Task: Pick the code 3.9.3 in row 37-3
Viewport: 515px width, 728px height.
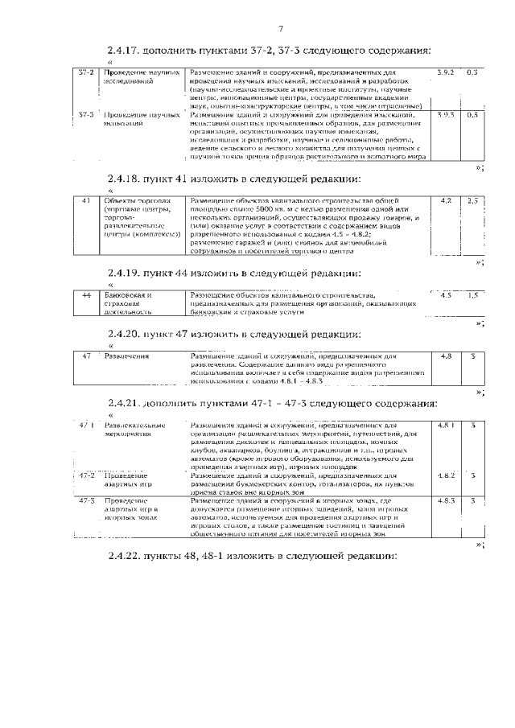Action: click(x=445, y=115)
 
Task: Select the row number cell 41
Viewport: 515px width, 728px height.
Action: click(x=86, y=199)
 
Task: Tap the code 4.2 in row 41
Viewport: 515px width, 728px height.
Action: click(x=446, y=199)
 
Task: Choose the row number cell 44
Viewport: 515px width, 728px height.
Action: click(x=86, y=295)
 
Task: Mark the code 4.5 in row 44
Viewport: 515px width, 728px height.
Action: click(x=446, y=295)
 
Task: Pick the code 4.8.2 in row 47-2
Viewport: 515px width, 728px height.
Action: click(x=446, y=475)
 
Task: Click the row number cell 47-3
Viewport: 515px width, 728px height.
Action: click(x=86, y=501)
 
